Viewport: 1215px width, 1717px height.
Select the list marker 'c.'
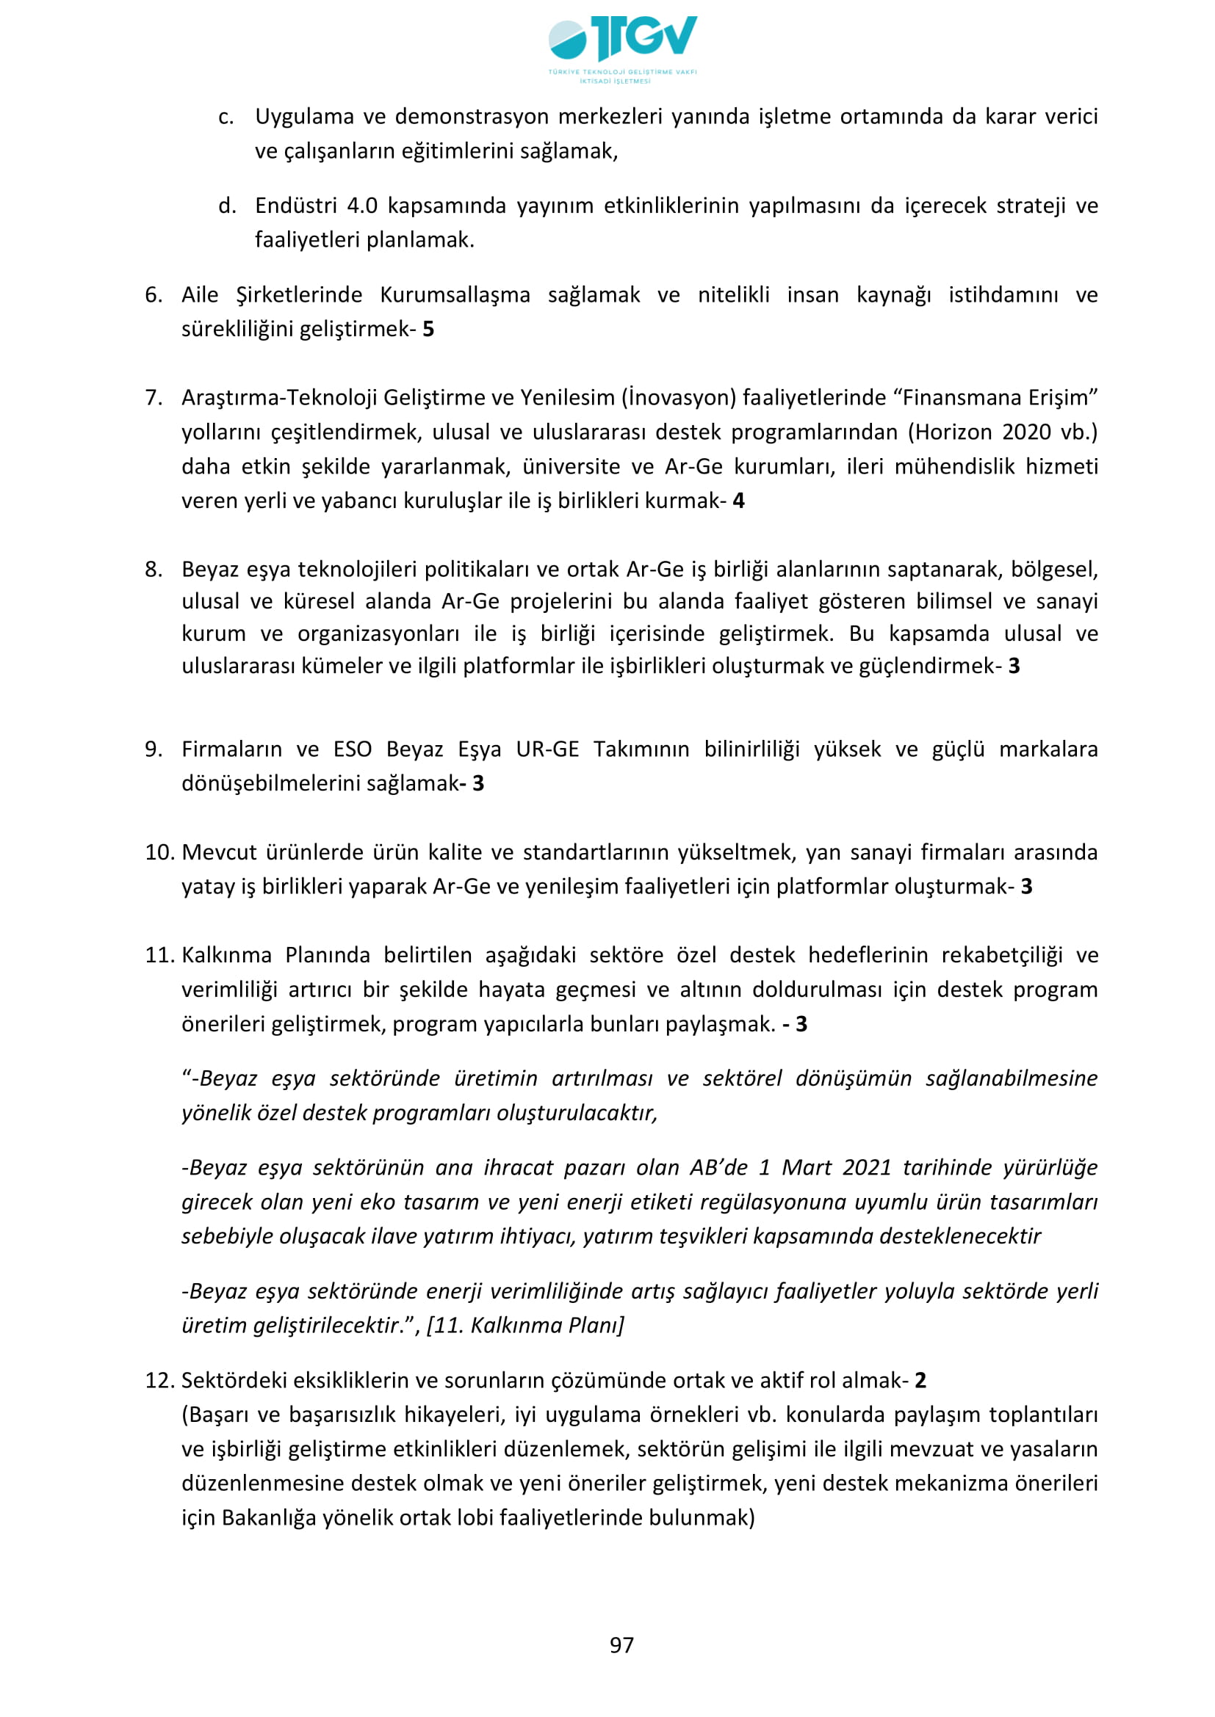tap(226, 117)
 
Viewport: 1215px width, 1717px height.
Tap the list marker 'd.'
tap(227, 206)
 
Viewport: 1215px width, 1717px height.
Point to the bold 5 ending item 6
tap(428, 329)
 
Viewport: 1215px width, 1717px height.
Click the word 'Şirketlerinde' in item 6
tap(298, 294)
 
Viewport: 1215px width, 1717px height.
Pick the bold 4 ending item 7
tap(738, 501)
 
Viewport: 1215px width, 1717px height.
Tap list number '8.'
tap(154, 569)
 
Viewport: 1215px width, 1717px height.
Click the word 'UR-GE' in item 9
tap(547, 749)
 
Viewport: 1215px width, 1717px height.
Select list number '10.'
tap(159, 852)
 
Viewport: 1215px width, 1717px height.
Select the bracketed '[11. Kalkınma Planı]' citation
tap(524, 1325)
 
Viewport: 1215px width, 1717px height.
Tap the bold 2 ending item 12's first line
tap(920, 1381)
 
